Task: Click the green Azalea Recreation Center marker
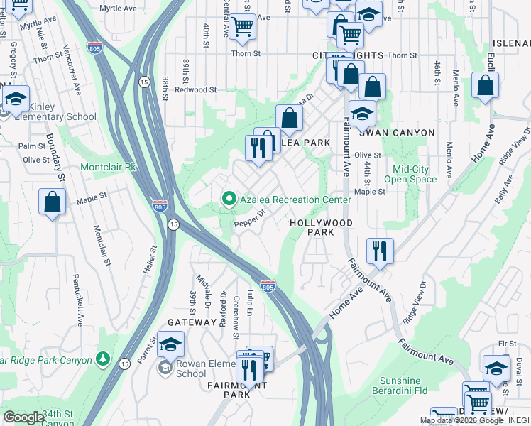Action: (x=229, y=200)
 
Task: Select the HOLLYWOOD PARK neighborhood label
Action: (x=321, y=227)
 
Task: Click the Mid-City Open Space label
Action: (x=415, y=174)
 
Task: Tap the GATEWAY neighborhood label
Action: (x=191, y=322)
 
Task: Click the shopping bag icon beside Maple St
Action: (x=53, y=202)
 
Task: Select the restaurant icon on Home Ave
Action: (x=379, y=250)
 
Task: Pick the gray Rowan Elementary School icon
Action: (x=165, y=367)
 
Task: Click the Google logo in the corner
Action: (x=23, y=417)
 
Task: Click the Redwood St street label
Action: (x=195, y=90)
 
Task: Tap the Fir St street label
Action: (x=507, y=344)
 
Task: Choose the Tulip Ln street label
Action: (x=250, y=302)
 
